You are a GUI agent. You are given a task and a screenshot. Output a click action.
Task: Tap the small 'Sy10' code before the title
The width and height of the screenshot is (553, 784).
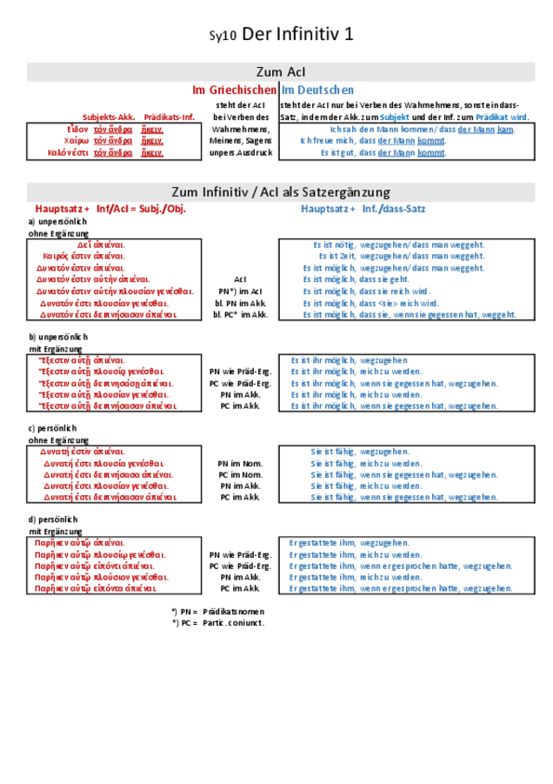(223, 37)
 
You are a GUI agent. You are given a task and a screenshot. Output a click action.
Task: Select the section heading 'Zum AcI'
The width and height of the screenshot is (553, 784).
(280, 72)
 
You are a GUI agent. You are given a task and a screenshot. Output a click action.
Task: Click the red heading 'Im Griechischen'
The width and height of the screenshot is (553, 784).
(234, 90)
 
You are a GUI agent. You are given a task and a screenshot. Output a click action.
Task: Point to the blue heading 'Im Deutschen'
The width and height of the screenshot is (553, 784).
(317, 90)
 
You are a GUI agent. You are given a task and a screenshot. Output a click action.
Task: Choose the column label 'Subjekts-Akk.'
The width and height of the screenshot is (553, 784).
(109, 117)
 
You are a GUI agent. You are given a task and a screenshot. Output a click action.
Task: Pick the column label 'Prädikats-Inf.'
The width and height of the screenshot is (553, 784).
(169, 117)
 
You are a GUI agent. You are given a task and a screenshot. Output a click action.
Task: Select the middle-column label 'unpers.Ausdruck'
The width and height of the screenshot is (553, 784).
(241, 152)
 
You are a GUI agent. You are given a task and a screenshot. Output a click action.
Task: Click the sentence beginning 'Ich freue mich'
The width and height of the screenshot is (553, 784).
(373, 141)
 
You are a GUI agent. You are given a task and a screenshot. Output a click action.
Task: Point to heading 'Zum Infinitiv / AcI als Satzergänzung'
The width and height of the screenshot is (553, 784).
(280, 191)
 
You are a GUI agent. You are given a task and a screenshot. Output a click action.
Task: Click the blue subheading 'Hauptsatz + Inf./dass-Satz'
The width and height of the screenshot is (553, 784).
(363, 209)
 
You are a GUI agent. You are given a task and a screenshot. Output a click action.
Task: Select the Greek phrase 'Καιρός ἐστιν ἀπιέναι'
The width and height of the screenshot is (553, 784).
(83, 257)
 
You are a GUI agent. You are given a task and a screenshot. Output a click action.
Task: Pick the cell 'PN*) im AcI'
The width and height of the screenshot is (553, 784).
(241, 291)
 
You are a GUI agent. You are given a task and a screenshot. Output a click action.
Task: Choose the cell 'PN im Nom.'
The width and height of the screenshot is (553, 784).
(241, 464)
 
